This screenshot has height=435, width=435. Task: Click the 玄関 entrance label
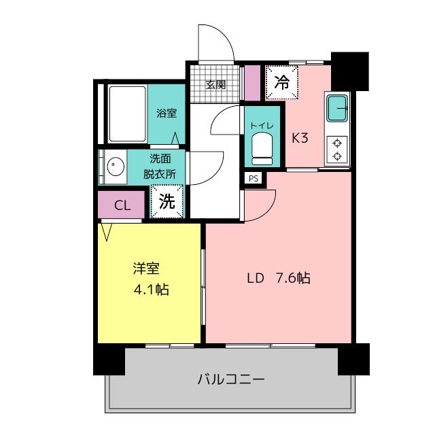click(215, 84)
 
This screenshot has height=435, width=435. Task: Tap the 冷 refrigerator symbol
click(282, 82)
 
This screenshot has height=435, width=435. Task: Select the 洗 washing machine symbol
click(167, 201)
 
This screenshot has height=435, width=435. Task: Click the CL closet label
click(122, 205)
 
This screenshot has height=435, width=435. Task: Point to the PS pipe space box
click(254, 178)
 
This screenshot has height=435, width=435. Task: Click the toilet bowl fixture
click(262, 149)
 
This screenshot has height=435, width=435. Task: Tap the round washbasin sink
click(116, 167)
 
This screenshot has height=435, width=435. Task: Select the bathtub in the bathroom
click(127, 114)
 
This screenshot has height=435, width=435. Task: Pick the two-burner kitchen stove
click(337, 150)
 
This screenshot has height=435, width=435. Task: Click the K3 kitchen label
click(300, 138)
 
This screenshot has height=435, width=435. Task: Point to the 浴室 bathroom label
click(167, 114)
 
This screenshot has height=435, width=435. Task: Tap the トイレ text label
click(262, 126)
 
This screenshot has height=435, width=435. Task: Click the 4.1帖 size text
click(152, 290)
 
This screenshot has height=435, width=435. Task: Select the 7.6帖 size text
click(293, 278)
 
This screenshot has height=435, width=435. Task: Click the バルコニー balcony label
click(231, 379)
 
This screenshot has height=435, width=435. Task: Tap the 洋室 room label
click(146, 268)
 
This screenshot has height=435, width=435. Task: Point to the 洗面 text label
click(160, 158)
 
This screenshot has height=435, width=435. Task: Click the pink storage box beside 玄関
click(252, 83)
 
